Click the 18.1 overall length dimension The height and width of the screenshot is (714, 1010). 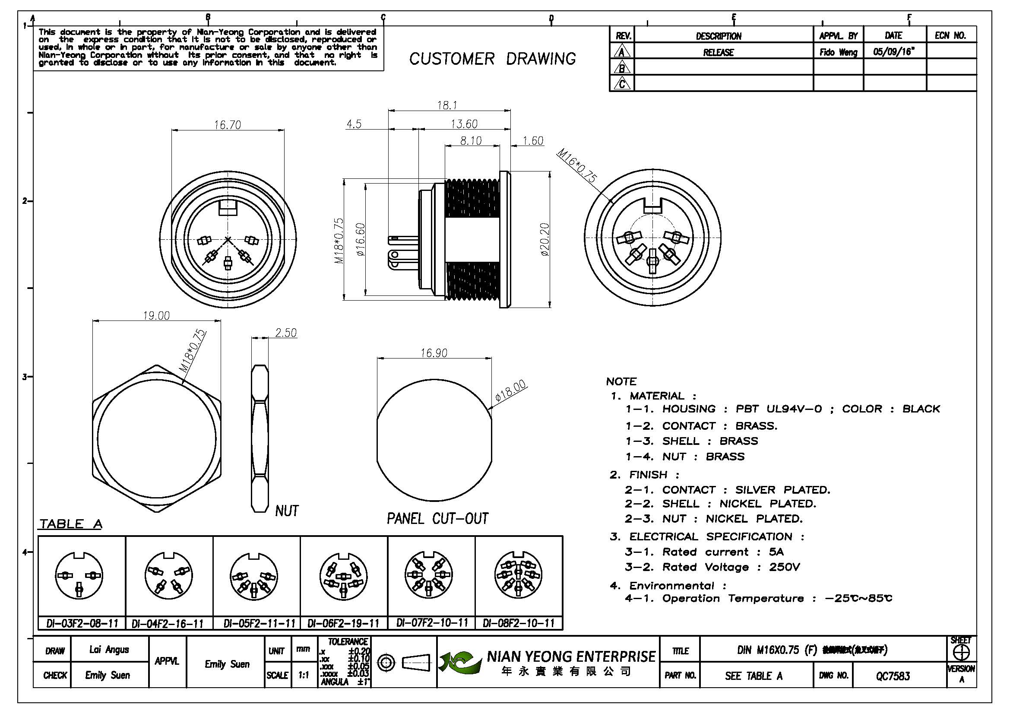(447, 105)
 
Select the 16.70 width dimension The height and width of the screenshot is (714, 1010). (228, 125)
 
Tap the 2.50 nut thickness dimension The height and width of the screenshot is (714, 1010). (286, 333)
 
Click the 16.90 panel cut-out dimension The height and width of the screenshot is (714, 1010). (434, 353)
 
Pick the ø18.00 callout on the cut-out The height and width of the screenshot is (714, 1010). (510, 390)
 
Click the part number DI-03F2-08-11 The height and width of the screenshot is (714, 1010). (82, 623)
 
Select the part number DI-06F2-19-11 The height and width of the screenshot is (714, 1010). (344, 623)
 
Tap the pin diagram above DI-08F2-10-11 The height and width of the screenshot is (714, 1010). (519, 575)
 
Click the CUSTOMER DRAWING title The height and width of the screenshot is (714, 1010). (492, 59)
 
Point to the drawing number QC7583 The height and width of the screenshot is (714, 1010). (893, 676)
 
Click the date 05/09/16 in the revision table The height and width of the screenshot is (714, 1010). (893, 52)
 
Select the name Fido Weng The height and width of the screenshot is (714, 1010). (839, 52)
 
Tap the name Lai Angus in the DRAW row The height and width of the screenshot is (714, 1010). (109, 649)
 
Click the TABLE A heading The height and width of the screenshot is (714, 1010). (71, 524)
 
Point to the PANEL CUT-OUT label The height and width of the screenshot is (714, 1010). (437, 519)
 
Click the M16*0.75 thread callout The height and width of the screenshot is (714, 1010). (577, 165)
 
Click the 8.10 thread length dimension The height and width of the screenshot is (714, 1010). (471, 141)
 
